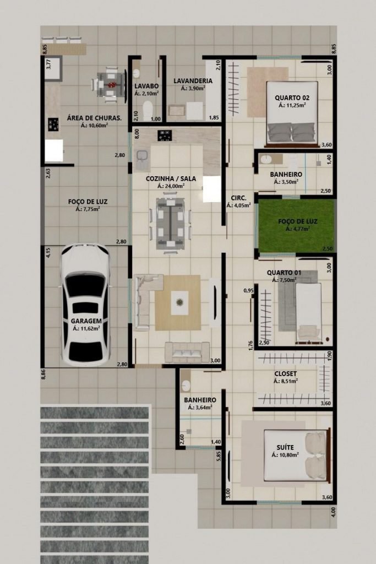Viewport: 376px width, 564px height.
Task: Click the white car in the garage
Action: (x=85, y=305)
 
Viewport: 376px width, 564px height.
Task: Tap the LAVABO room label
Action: (x=146, y=86)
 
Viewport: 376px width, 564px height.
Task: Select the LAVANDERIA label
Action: (x=193, y=81)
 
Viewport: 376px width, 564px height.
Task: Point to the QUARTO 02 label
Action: (x=292, y=97)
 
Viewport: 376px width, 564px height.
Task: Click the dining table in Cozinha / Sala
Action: (x=171, y=224)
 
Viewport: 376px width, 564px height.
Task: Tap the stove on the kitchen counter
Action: (x=165, y=135)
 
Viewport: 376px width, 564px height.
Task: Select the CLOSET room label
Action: (x=285, y=374)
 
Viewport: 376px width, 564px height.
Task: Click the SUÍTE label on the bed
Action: (x=285, y=447)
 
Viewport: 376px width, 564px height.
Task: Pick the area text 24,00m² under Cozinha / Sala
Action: (x=171, y=186)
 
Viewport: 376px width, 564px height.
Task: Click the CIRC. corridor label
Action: (x=238, y=198)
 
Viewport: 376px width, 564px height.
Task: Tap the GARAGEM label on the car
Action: (x=86, y=321)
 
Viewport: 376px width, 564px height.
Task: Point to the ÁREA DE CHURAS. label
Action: (x=94, y=118)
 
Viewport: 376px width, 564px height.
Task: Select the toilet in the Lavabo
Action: (x=148, y=110)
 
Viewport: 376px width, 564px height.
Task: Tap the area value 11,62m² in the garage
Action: (x=86, y=328)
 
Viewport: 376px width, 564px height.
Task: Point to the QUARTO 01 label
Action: (x=284, y=273)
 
